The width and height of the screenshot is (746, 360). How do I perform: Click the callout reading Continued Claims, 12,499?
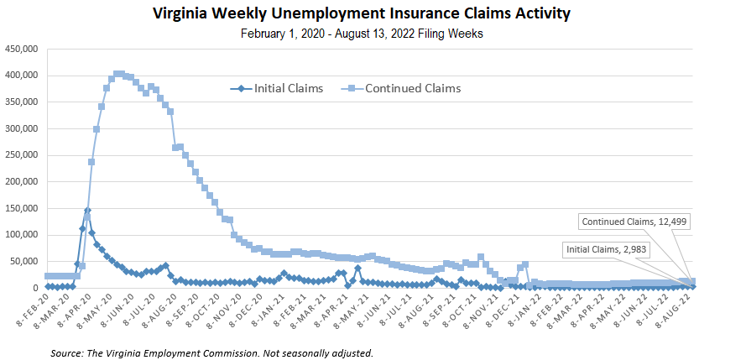click(634, 222)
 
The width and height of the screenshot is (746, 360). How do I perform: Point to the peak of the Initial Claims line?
click(87, 211)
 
